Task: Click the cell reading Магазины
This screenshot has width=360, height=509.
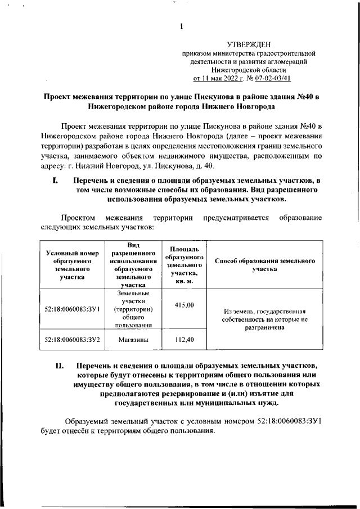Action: tap(133, 340)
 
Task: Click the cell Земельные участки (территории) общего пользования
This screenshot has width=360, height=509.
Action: tap(133, 309)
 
